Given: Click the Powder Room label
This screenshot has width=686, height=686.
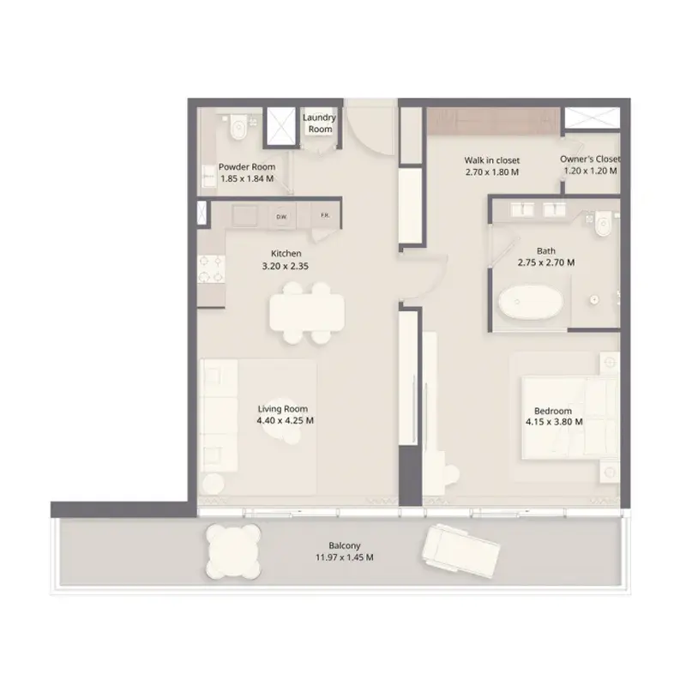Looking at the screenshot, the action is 247,166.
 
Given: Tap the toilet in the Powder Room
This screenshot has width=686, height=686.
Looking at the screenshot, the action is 239,127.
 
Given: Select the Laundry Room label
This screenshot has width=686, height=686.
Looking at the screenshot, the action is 320,123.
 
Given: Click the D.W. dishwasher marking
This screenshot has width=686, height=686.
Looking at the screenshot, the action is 280,217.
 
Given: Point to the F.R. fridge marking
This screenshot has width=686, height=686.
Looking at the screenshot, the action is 325,216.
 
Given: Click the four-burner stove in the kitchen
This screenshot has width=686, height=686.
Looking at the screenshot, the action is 211,269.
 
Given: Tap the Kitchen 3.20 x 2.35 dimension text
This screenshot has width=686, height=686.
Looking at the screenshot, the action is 286,266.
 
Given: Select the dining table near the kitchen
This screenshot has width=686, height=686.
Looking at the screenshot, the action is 307,312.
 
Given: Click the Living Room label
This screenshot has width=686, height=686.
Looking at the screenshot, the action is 283,409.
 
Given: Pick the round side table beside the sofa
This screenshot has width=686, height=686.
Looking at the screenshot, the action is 213,484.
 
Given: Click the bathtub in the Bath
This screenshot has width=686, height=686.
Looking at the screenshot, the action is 530,303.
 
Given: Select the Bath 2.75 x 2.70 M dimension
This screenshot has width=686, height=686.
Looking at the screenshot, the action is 546,262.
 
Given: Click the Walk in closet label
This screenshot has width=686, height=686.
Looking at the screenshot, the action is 492,160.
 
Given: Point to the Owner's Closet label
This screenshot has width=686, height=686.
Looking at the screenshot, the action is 590,159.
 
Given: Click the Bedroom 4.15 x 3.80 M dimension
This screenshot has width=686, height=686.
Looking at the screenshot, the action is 554,422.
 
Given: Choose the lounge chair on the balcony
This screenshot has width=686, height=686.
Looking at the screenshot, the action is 461,551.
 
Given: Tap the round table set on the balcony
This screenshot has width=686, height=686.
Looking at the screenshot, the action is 233,551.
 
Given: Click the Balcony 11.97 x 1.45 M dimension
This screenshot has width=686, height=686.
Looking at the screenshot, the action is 345,557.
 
